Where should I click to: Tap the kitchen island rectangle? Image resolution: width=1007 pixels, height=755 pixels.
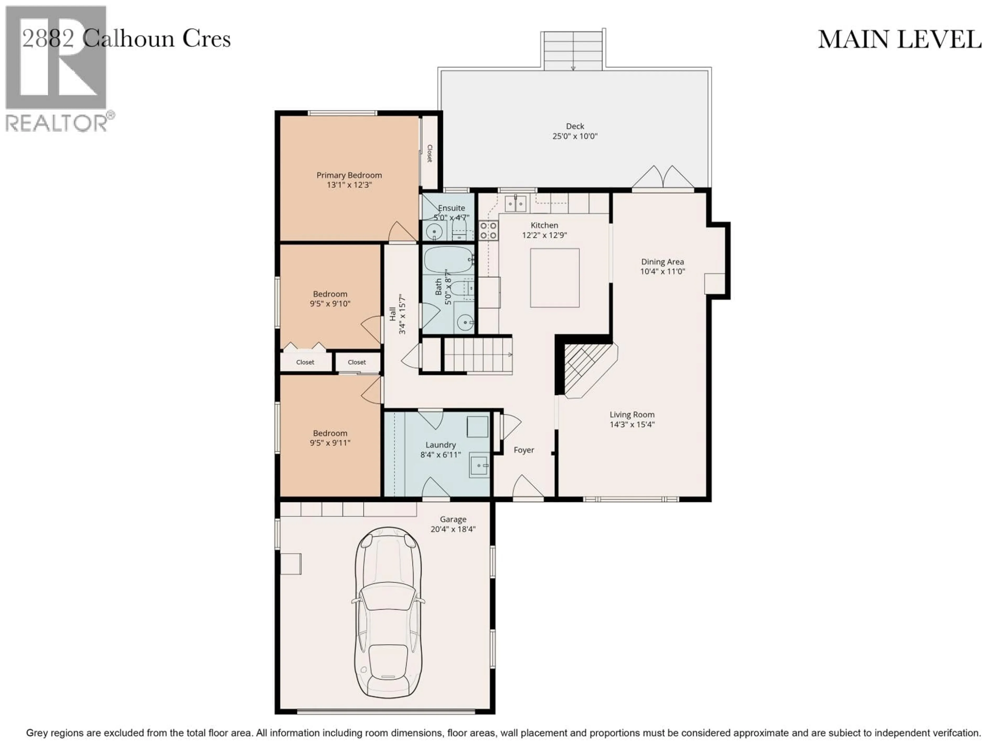click(x=554, y=278)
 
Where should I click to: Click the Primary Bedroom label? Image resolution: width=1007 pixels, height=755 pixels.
click(x=349, y=175)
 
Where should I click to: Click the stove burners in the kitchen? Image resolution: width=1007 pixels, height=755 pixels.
click(x=488, y=230)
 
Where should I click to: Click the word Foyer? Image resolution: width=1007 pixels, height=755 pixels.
click(x=523, y=450)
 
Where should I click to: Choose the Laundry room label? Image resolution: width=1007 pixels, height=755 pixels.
click(x=440, y=445)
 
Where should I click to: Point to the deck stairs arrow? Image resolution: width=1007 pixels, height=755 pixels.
click(x=573, y=67)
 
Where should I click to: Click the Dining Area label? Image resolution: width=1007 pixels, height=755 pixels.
click(x=662, y=262)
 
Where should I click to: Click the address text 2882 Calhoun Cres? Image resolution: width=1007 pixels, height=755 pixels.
click(x=127, y=39)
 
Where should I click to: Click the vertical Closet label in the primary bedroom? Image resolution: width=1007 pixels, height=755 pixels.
click(x=429, y=153)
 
